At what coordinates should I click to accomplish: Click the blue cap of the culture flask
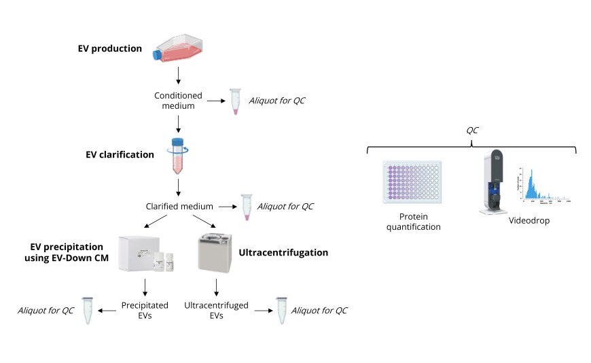(160, 54)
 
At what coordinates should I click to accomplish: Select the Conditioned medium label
(178, 101)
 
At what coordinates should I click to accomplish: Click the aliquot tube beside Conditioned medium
(235, 101)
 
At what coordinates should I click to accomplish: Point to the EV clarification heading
(120, 154)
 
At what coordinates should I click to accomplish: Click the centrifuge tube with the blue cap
(178, 156)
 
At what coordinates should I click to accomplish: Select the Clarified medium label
(180, 206)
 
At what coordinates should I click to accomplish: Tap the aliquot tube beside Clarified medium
(246, 206)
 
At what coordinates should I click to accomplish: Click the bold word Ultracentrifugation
(283, 253)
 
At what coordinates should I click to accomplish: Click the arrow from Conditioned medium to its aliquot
(215, 101)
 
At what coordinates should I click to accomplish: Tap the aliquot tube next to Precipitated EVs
(86, 310)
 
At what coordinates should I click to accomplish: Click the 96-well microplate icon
(412, 182)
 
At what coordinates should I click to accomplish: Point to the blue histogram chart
(543, 184)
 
